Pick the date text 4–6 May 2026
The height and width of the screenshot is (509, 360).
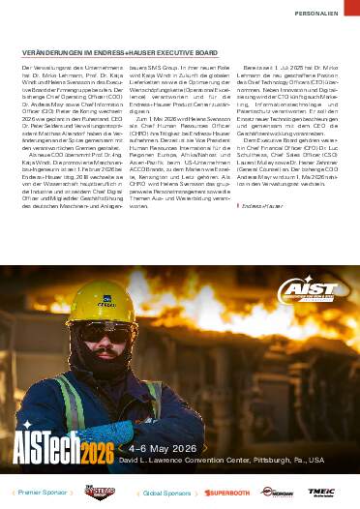(x=165, y=449)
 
